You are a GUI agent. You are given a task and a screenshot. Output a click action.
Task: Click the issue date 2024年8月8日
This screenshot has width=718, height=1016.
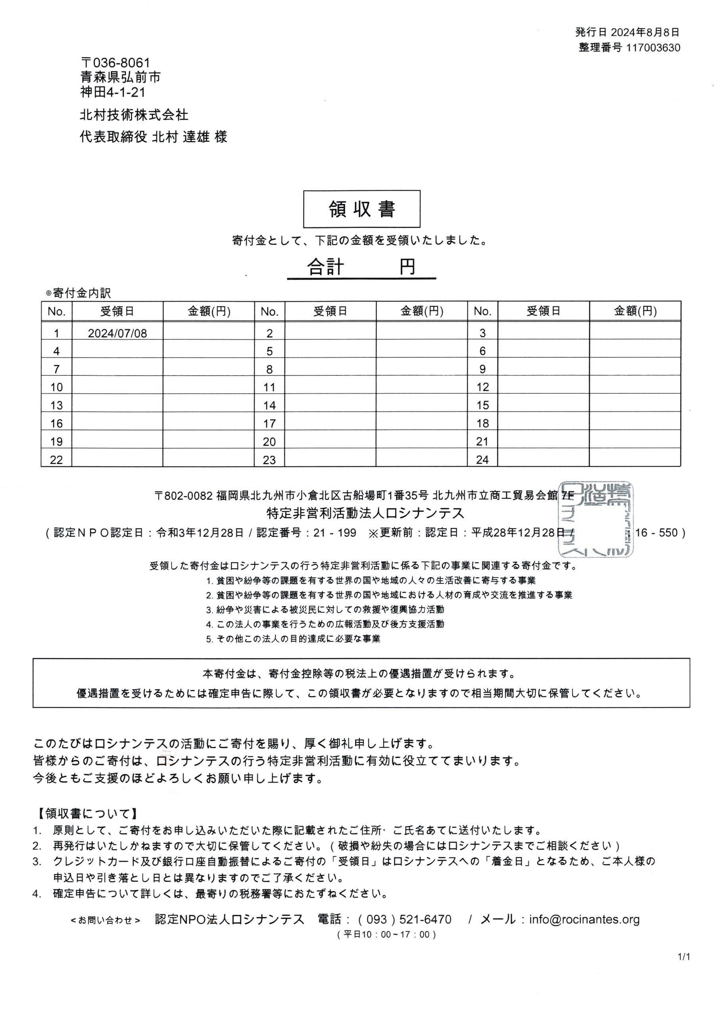(x=645, y=32)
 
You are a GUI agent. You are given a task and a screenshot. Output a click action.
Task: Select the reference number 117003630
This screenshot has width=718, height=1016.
(x=653, y=48)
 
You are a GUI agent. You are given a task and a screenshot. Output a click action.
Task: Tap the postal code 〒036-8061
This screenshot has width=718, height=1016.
(x=115, y=62)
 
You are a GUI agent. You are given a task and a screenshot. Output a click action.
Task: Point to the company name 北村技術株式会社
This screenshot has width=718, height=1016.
(x=134, y=115)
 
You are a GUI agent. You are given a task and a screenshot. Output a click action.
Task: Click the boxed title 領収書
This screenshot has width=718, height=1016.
(x=361, y=209)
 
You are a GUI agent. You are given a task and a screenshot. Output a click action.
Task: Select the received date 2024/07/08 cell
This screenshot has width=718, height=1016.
(x=117, y=333)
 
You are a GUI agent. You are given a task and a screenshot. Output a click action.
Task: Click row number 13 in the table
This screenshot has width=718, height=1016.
(x=56, y=405)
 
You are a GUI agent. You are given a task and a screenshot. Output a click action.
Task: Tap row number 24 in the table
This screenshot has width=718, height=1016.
(x=482, y=460)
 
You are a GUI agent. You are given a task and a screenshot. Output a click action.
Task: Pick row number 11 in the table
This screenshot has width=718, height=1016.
(x=269, y=388)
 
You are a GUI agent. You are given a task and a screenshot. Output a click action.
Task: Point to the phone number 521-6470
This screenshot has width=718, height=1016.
(x=425, y=920)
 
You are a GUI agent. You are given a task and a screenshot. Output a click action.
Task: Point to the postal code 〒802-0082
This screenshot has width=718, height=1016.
(x=184, y=496)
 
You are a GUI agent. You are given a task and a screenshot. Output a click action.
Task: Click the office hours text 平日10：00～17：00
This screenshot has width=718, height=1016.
(x=386, y=935)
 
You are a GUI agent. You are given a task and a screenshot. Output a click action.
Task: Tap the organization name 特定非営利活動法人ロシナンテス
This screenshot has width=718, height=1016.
(x=365, y=513)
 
